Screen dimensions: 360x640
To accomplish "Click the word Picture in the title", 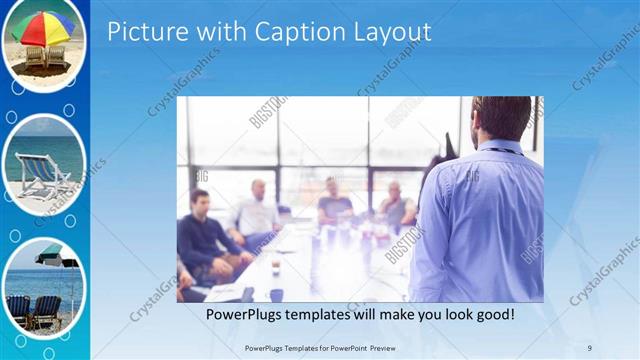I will point(146,32).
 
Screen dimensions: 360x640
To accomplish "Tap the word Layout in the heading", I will point(388,32).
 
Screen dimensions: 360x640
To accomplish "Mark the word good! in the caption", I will point(492,314).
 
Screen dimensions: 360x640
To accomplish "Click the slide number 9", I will point(588,347).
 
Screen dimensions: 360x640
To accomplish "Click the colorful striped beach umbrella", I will point(42,27).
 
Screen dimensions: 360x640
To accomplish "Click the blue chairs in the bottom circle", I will point(33,310).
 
